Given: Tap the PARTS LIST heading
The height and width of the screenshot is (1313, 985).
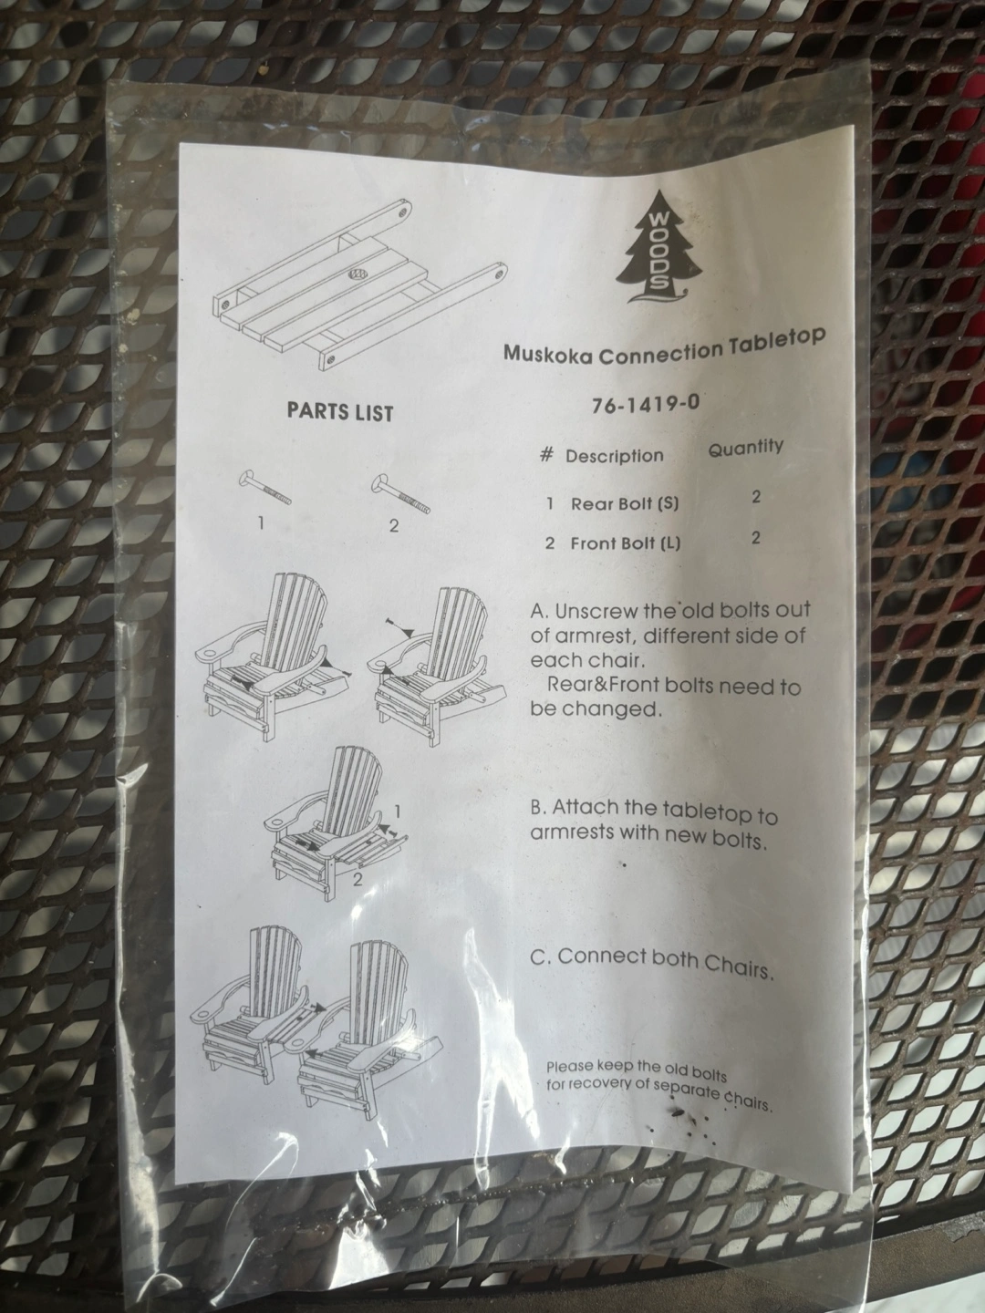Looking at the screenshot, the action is [x=339, y=412].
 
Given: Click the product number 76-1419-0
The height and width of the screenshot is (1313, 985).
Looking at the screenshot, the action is [x=646, y=404].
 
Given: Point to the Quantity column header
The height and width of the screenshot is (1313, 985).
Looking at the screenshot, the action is [x=746, y=448].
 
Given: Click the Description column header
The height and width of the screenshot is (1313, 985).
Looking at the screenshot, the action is [x=614, y=457].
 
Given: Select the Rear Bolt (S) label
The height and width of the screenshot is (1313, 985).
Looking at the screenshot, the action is [x=625, y=503].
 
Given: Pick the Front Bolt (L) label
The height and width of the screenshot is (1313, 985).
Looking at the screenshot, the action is [x=626, y=543].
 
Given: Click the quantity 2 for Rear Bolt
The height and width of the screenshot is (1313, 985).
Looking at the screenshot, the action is [x=756, y=497].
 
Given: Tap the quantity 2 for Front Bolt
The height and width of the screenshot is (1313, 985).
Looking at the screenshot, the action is [x=755, y=538].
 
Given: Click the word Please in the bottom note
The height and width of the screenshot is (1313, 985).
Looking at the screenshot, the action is [x=569, y=1066].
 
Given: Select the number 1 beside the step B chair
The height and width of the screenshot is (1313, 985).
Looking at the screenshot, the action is [x=397, y=811].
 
